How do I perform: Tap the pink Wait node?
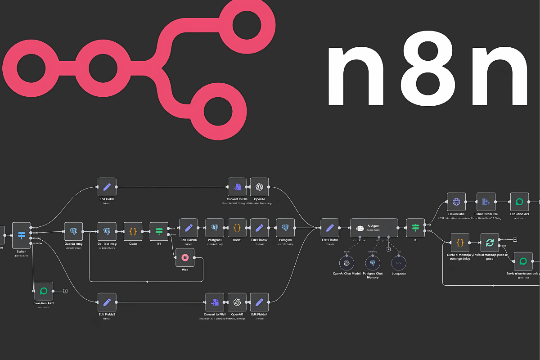pos(184,257)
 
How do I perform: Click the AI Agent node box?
pos(374,228)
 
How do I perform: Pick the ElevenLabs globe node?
pos(456,202)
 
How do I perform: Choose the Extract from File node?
pos(486,202)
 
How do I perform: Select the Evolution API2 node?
pos(44,291)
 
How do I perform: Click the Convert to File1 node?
pos(215,302)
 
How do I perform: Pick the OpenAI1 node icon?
pos(237,302)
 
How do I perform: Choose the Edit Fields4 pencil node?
pos(260,302)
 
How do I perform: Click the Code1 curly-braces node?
pos(237,228)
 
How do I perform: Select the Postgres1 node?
pos(215,228)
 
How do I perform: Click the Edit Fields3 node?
pos(107,302)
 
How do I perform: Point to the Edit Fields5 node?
pos(189,228)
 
